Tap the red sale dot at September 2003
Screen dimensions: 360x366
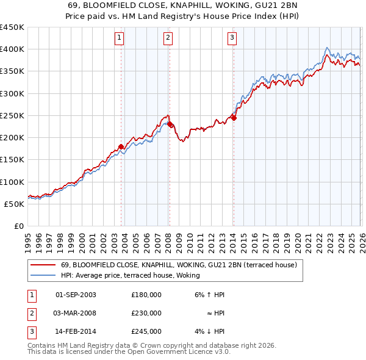[x=121, y=146]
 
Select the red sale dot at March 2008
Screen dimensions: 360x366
[x=170, y=124]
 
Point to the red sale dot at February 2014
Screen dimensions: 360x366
[x=234, y=118]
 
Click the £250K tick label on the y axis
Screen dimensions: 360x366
[x=12, y=115]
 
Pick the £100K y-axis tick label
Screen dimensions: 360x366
[x=12, y=182]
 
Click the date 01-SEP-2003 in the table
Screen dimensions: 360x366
[x=76, y=295]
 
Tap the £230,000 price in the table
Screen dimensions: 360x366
[x=146, y=313]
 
